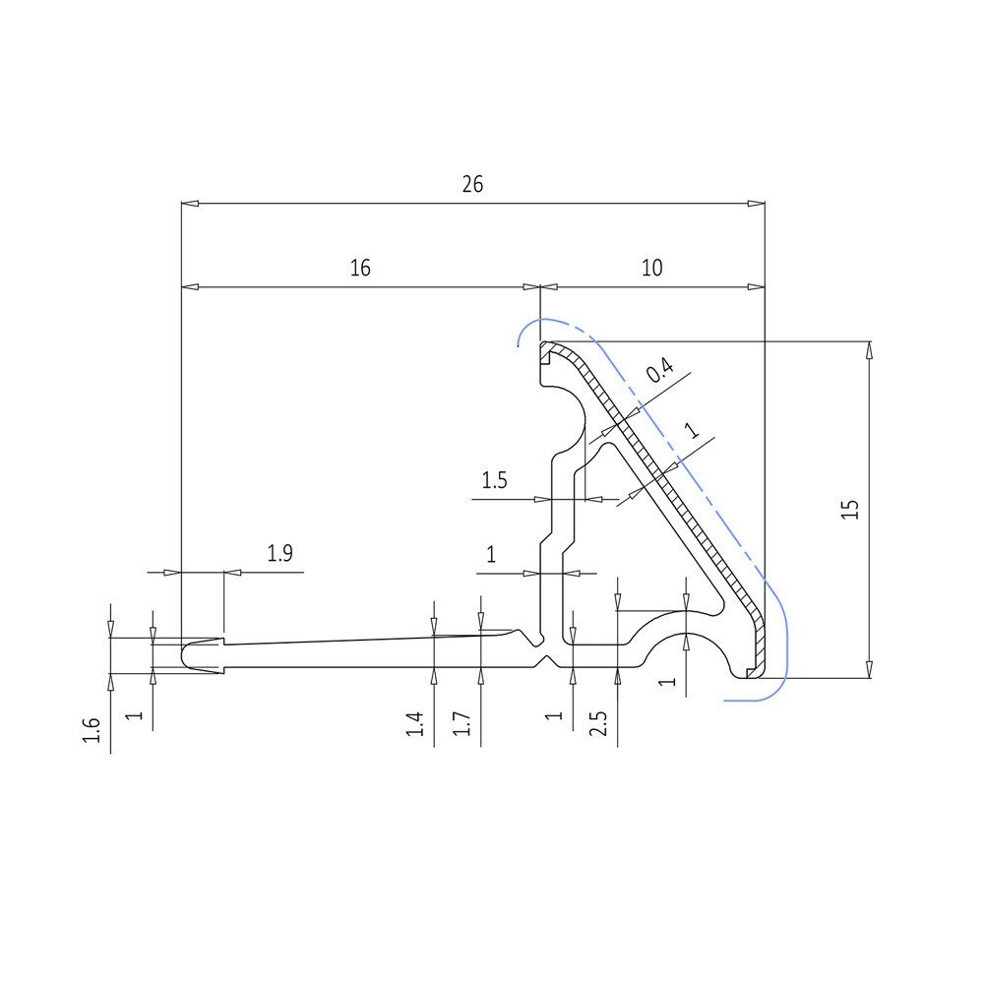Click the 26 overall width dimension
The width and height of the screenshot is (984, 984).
coord(472,185)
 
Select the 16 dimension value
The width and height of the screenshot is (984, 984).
coord(360,268)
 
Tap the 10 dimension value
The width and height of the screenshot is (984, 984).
coord(652,268)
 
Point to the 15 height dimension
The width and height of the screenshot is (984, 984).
coord(850,509)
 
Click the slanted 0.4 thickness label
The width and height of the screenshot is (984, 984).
coord(659,370)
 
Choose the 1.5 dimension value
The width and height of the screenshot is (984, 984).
coord(494,481)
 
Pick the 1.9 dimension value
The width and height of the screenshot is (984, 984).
coord(279,553)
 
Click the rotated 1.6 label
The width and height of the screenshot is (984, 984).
coord(92,730)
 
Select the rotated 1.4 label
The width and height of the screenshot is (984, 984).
coord(415,724)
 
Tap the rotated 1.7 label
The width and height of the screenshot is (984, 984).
coord(461,724)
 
